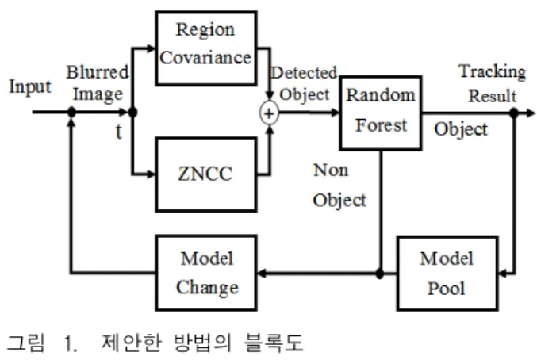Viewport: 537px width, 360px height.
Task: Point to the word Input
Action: click(x=30, y=87)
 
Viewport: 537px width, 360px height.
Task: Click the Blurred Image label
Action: click(x=98, y=83)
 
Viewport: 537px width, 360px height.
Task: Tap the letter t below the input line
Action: click(x=118, y=132)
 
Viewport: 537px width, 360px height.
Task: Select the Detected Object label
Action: click(x=304, y=83)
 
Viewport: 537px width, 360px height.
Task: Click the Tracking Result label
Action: click(x=493, y=84)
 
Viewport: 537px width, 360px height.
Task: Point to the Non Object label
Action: click(x=339, y=185)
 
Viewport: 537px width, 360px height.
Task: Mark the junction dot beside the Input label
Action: click(x=71, y=112)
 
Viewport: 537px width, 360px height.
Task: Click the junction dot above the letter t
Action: click(x=132, y=112)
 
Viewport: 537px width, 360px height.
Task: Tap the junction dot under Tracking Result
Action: click(x=514, y=113)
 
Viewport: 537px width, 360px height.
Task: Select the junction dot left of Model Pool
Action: click(x=380, y=274)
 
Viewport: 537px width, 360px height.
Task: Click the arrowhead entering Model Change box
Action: click(x=262, y=273)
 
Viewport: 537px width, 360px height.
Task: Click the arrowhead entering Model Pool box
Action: click(x=503, y=274)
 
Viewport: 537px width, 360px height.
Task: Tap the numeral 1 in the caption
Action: click(x=70, y=343)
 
